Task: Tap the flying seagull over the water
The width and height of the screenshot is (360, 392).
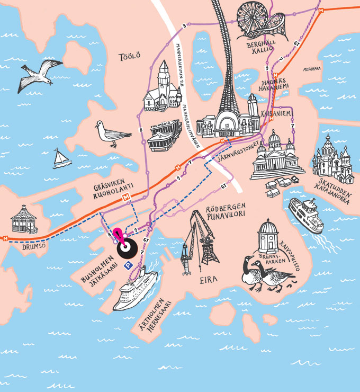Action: (x=40, y=74)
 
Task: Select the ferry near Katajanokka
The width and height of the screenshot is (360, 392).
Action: (x=305, y=215)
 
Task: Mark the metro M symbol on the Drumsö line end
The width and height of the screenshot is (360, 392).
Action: (x=4, y=237)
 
